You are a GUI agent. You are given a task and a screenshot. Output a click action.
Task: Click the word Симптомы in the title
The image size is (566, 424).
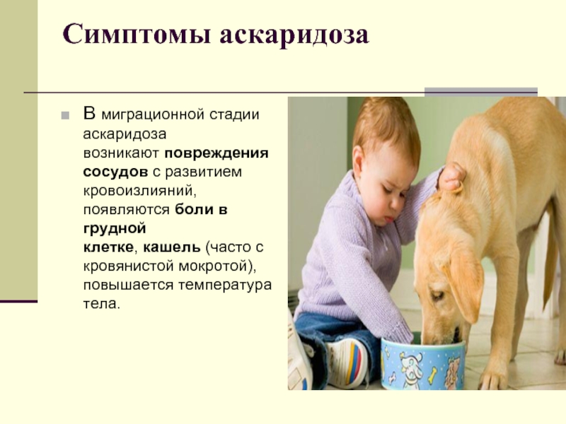tap(137, 35)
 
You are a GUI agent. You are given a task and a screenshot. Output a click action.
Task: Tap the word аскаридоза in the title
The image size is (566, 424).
tap(294, 35)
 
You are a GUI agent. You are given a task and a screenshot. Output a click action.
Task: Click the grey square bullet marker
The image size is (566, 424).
tap(65, 116)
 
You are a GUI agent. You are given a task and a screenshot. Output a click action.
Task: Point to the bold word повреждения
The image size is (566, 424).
tap(216, 153)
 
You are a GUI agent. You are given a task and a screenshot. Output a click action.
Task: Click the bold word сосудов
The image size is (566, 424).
tap(115, 172)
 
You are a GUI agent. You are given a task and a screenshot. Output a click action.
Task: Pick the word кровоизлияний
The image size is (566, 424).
tap(139, 191)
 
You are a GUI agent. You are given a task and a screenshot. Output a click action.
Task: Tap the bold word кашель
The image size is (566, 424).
tap(172, 247)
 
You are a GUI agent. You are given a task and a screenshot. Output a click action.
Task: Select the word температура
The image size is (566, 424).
tap(225, 285)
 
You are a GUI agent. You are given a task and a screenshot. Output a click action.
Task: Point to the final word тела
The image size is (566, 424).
tap(101, 304)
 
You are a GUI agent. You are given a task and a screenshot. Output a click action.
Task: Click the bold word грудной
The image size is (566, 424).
tap(115, 229)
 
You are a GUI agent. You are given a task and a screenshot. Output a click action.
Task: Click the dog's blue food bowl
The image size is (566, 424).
tap(423, 364)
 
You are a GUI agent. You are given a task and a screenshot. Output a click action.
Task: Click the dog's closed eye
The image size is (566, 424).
tap(437, 295)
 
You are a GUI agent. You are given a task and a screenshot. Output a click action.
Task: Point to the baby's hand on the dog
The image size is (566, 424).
tap(451, 177)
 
